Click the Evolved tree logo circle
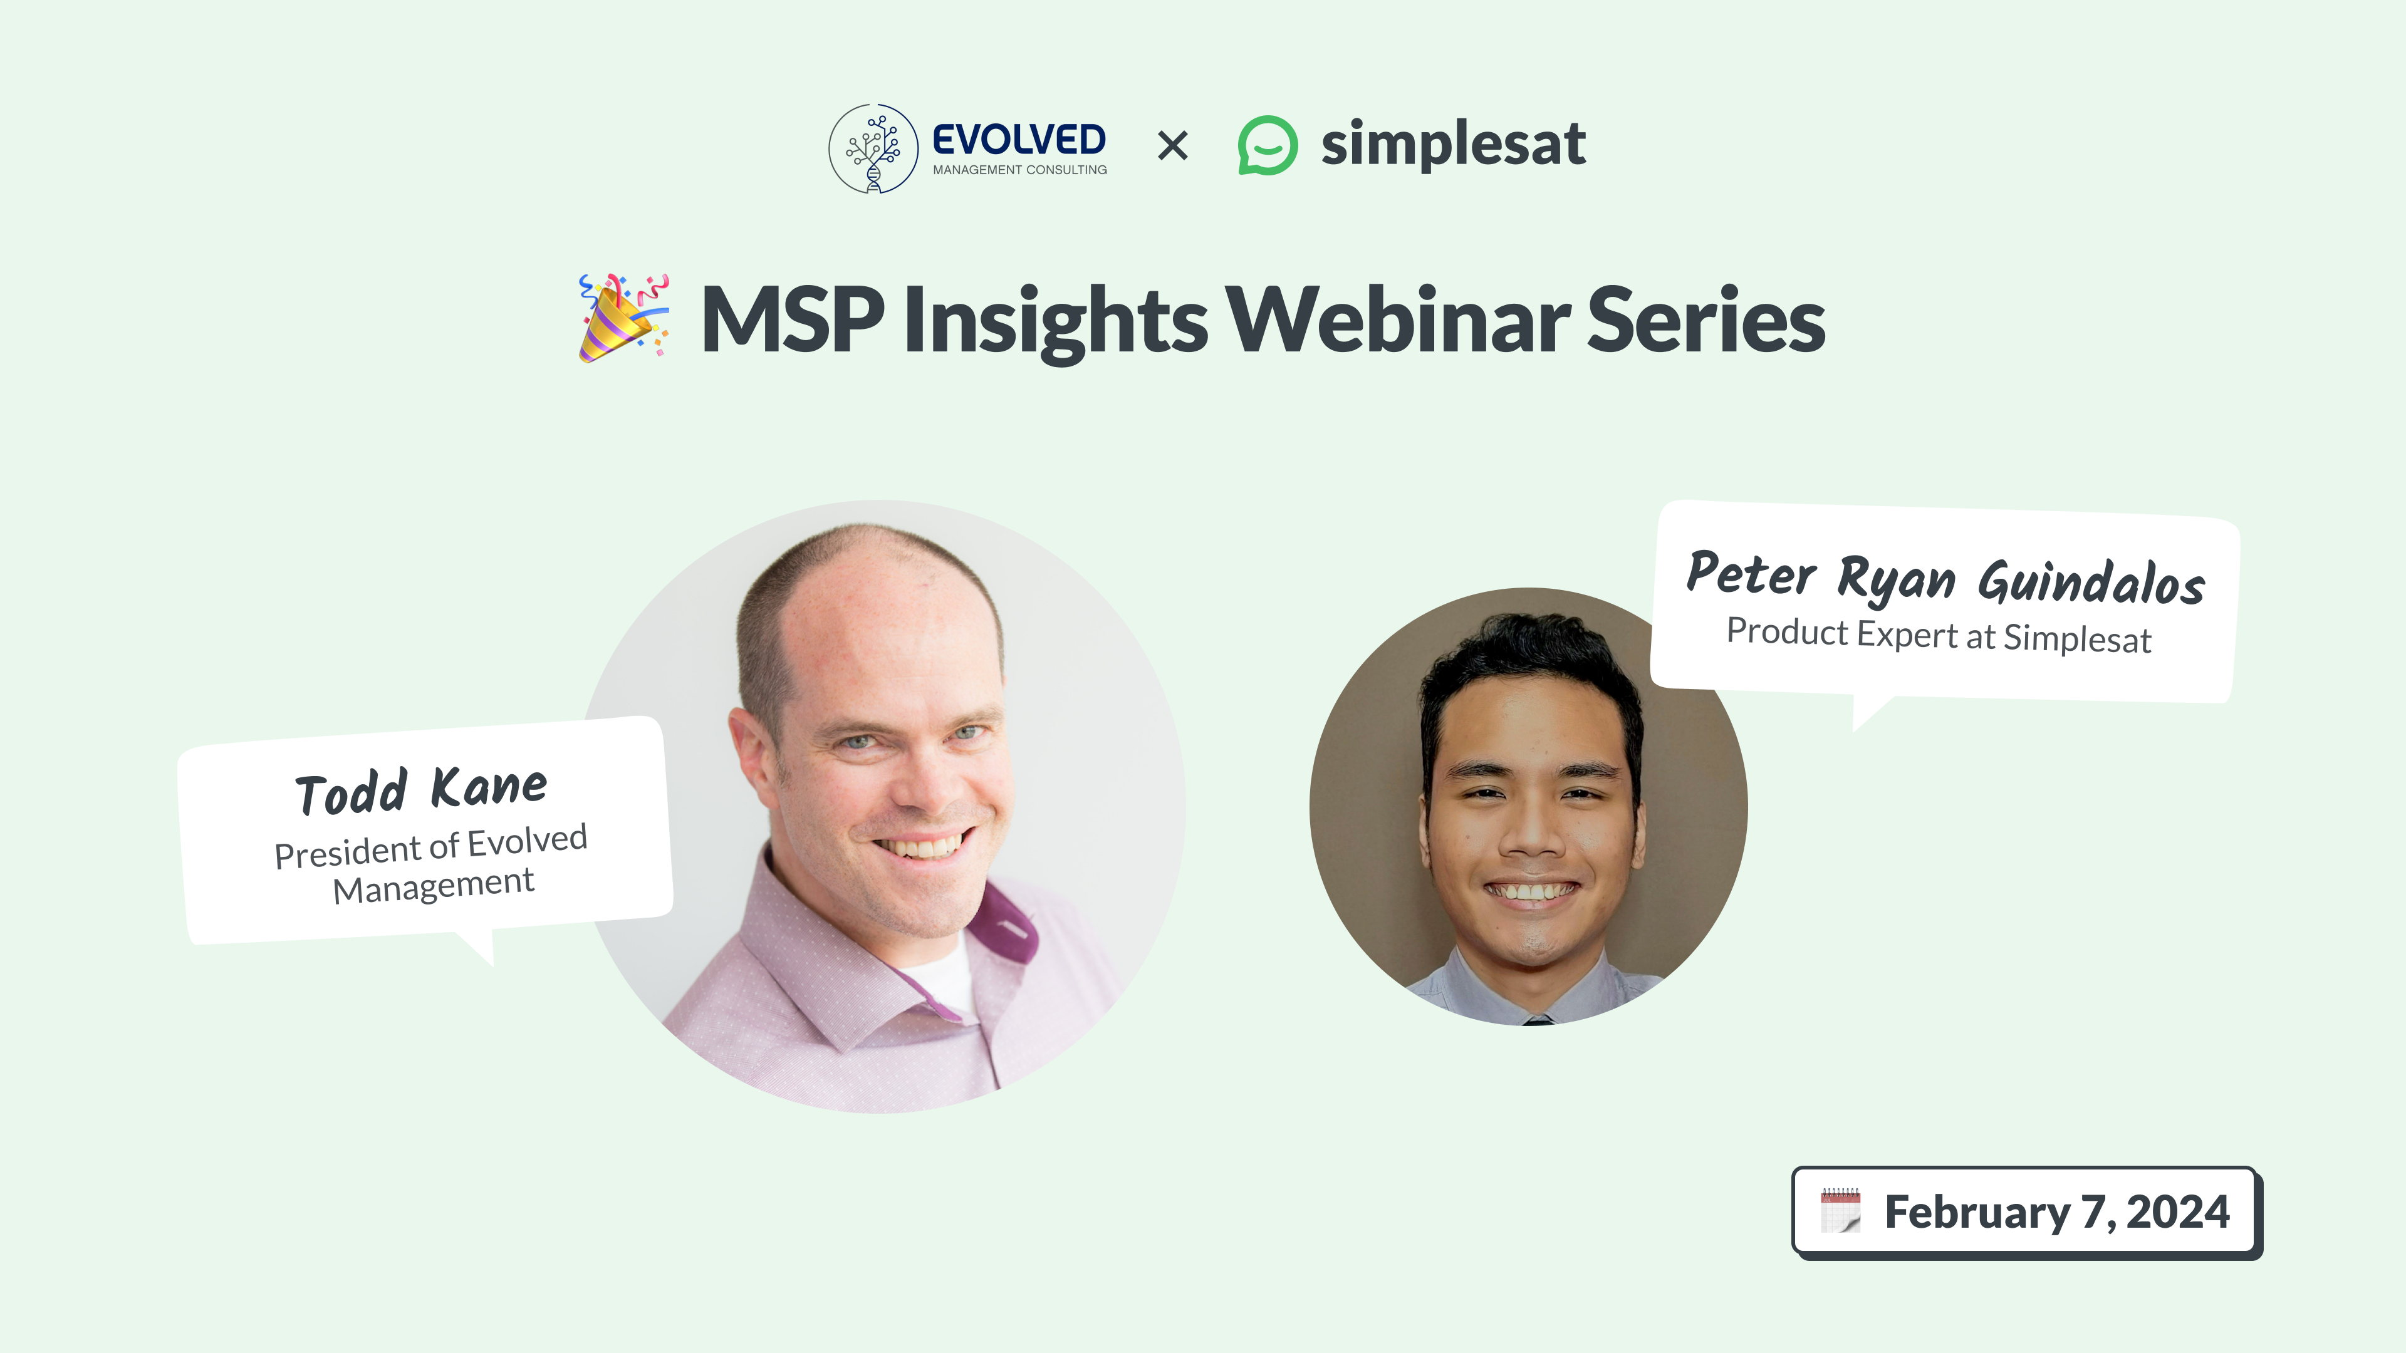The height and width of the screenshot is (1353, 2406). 873,148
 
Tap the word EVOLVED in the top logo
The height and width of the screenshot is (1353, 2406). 1019,140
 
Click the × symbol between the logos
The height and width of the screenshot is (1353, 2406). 1172,146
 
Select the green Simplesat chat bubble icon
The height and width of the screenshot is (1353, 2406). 1268,146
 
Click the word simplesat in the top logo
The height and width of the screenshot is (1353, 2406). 1454,144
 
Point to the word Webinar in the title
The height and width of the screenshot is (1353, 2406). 1398,319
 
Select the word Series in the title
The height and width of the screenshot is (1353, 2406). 1706,319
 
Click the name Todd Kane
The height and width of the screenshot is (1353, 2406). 421,790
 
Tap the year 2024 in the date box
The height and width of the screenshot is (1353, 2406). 2178,1212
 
